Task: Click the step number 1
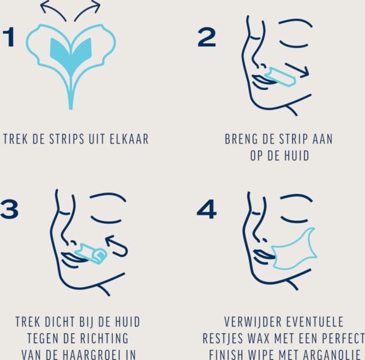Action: click(x=9, y=36)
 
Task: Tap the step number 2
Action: click(x=206, y=38)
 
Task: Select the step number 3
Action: click(x=9, y=209)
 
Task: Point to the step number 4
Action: click(x=207, y=209)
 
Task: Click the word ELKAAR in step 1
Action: click(x=129, y=139)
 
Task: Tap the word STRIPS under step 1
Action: click(x=66, y=139)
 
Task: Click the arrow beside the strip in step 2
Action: click(x=297, y=69)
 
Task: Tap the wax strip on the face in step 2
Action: click(x=280, y=77)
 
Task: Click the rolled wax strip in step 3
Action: click(x=91, y=254)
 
